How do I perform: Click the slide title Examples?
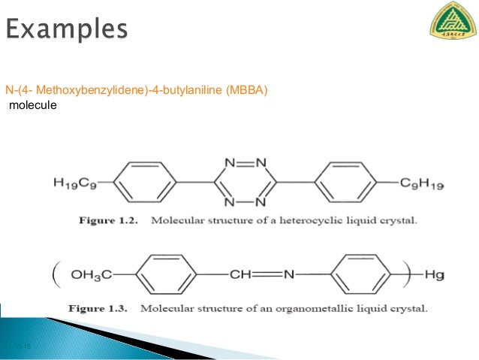[67, 30]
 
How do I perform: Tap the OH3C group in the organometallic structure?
[91, 275]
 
